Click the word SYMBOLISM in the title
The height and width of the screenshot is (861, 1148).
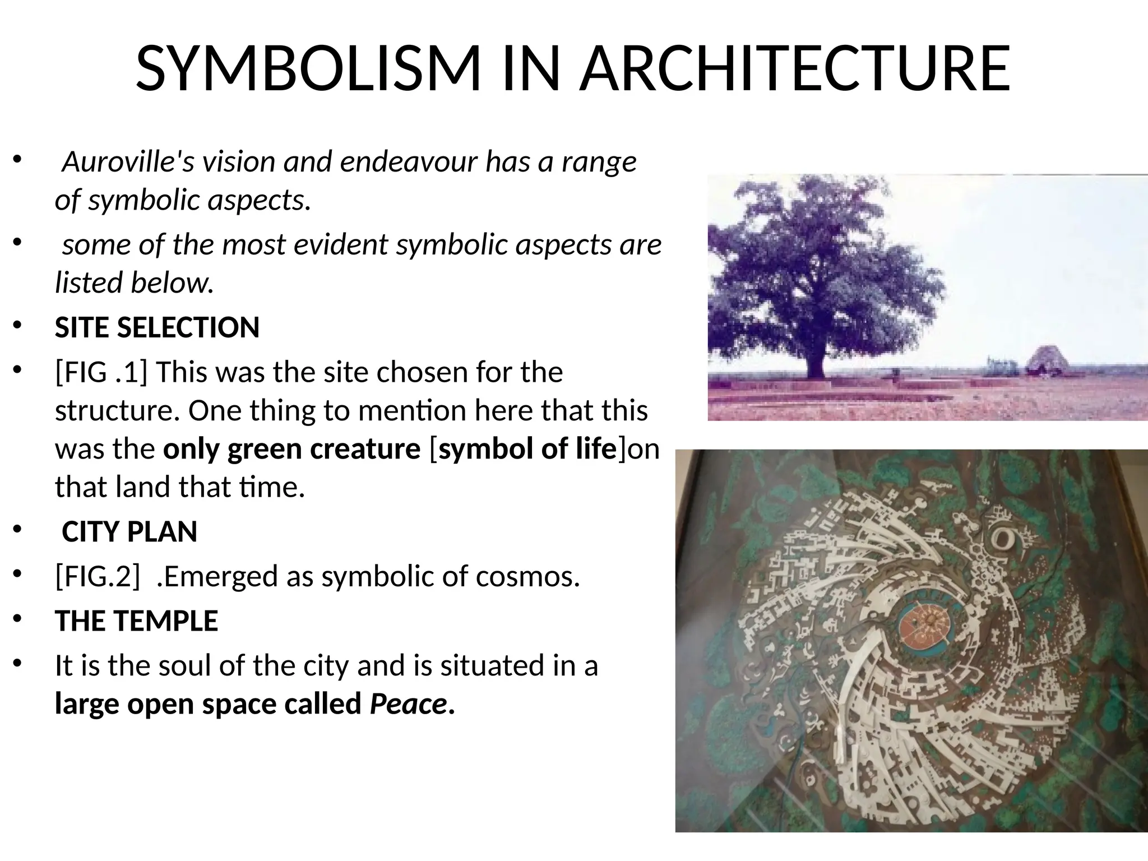pyautogui.click(x=308, y=68)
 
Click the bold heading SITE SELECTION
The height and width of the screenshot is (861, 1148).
pyautogui.click(x=157, y=327)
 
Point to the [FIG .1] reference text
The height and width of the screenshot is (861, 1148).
pyautogui.click(x=101, y=372)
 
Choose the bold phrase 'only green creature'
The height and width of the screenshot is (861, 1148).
pyautogui.click(x=291, y=449)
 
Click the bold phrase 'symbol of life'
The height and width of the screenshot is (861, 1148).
pyautogui.click(x=527, y=449)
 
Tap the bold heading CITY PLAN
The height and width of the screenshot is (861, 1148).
pyautogui.click(x=129, y=531)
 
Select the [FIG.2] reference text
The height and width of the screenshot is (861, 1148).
pyautogui.click(x=97, y=576)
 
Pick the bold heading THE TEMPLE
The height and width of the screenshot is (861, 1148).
pyautogui.click(x=136, y=621)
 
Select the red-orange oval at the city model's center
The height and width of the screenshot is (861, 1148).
pyautogui.click(x=928, y=623)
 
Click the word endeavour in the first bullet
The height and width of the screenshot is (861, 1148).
pyautogui.click(x=409, y=162)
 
